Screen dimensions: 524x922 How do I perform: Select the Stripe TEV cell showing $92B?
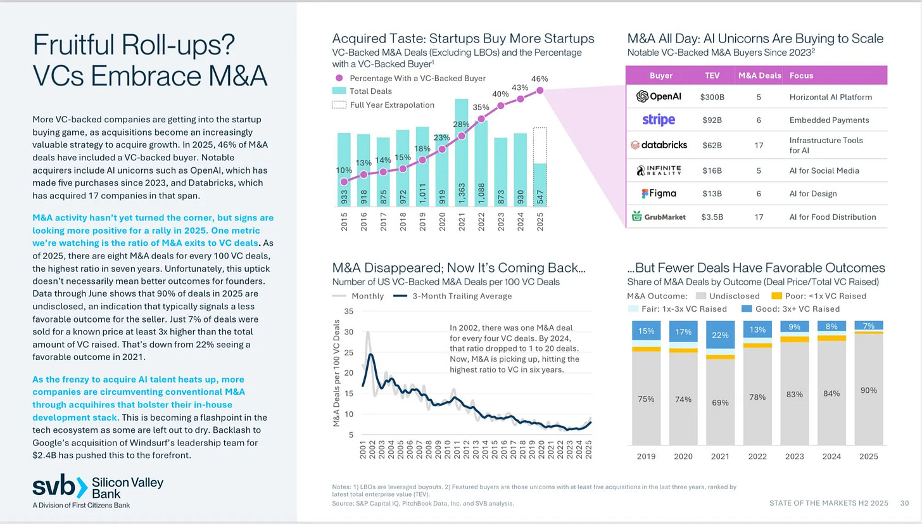tap(712, 120)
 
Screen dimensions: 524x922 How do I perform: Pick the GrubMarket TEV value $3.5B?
tap(712, 217)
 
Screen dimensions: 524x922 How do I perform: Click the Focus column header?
tap(801, 75)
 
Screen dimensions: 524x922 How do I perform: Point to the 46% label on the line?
tap(540, 79)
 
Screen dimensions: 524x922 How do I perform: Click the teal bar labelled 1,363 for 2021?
tap(462, 152)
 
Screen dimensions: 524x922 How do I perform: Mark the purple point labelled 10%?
tap(344, 181)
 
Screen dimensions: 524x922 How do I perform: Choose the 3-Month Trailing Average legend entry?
tap(462, 296)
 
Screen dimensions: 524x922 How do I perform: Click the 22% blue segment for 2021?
tap(720, 334)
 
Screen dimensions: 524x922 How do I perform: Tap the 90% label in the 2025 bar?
tap(869, 390)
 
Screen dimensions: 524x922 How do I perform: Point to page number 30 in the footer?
tap(904, 503)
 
